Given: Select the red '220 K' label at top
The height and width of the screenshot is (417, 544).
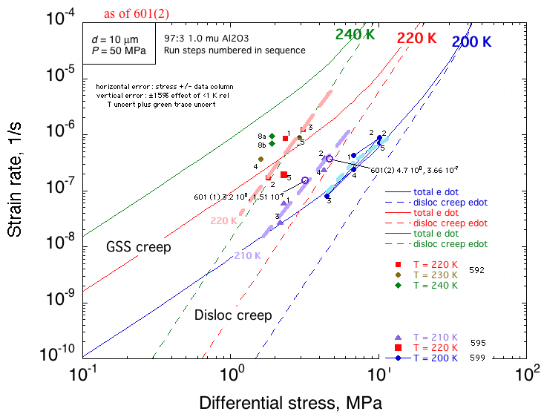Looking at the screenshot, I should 416,38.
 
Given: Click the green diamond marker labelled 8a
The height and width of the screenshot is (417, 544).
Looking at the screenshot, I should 272,136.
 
